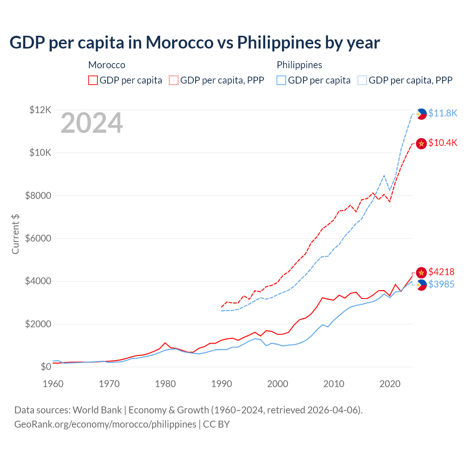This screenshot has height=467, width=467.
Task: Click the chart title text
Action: [194, 43]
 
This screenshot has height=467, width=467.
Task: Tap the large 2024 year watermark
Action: [92, 123]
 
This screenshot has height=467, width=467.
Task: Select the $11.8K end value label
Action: [443, 113]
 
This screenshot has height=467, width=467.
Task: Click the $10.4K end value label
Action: [443, 143]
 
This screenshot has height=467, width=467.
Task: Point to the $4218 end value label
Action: [441, 272]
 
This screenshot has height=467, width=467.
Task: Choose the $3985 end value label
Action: [441, 284]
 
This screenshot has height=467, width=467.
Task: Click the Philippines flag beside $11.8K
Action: [421, 114]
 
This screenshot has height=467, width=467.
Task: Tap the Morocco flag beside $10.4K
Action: [421, 144]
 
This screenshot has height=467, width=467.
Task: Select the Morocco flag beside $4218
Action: [421, 272]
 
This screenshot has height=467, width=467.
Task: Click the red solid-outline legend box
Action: [93, 80]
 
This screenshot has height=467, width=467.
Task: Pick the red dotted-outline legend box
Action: [174, 80]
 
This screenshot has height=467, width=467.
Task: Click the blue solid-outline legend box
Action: [281, 80]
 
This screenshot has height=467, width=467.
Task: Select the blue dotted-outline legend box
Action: [362, 80]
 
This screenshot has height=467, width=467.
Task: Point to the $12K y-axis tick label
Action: [40, 110]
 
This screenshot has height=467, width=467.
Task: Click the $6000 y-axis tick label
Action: [38, 238]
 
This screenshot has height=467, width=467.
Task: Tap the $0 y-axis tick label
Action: [46, 367]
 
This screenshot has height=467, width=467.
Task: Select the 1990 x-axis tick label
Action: [221, 384]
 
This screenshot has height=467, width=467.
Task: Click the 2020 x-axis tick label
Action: [390, 384]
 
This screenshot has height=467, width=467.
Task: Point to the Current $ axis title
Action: [15, 234]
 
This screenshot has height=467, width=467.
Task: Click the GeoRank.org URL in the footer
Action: [105, 424]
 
